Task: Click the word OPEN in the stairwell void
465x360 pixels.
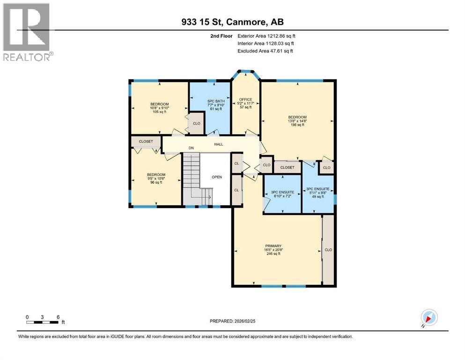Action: [216, 177]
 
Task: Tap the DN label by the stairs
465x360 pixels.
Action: [191, 148]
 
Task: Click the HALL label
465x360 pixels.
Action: [218, 145]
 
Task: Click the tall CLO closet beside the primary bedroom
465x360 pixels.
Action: [328, 250]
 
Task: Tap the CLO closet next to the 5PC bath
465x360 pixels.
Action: [197, 124]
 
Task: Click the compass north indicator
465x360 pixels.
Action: [429, 318]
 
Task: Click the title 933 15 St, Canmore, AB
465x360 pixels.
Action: [232, 22]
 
